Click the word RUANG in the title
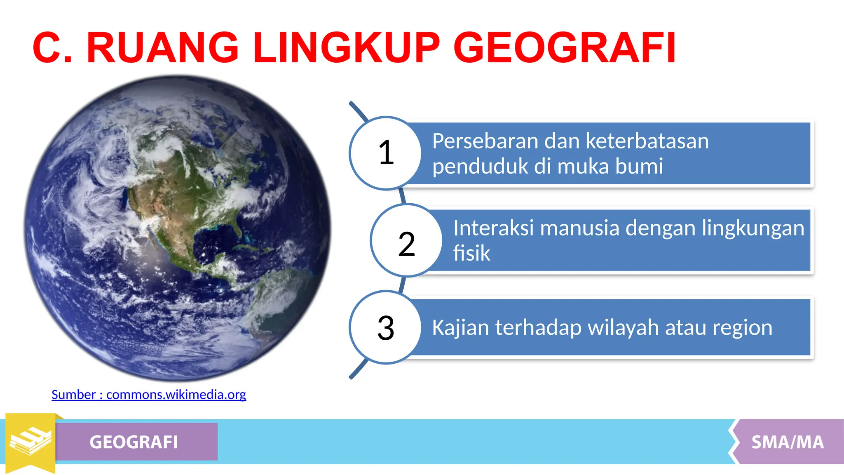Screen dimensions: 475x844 point(162,48)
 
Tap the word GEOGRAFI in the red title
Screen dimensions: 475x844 point(564,48)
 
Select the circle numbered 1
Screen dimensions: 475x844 point(385,153)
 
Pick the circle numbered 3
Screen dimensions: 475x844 point(385,328)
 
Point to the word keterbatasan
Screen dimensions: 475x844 point(647,141)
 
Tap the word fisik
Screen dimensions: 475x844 point(471,253)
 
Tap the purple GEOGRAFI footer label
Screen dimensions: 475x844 point(134,442)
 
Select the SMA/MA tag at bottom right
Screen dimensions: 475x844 point(787,442)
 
